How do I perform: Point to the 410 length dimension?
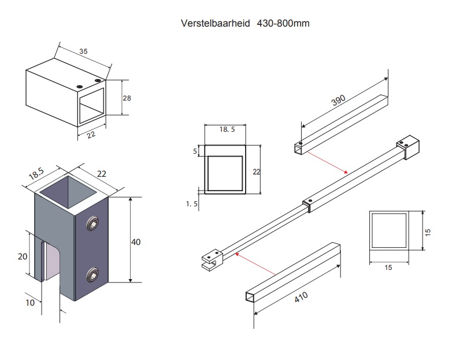[x=301, y=299]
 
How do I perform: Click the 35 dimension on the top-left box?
[x=83, y=52]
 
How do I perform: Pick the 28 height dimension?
[x=127, y=98]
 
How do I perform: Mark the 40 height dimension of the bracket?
[x=136, y=242]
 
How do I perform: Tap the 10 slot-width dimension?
[x=29, y=302]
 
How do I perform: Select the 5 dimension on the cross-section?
[x=195, y=151]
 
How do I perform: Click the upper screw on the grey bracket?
[x=92, y=224]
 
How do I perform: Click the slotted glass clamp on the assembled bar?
[x=212, y=258]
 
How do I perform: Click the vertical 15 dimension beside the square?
[x=428, y=231]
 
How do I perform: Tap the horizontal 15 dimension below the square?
[x=388, y=267]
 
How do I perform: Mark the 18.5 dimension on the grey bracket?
[x=36, y=173]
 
